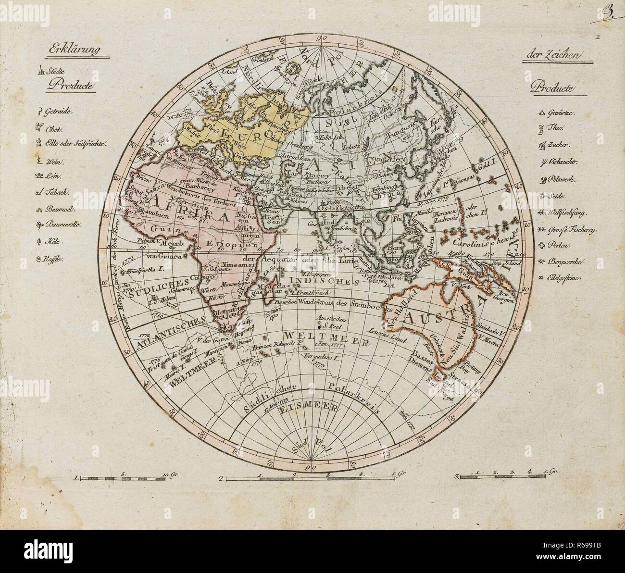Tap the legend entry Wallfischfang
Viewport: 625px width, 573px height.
click(570, 212)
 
